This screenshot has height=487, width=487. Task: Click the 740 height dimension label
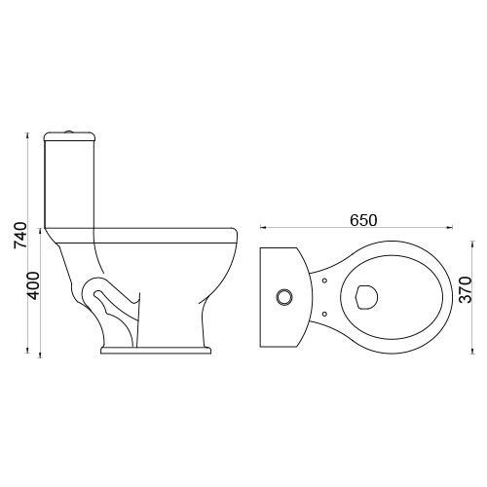[x=19, y=236]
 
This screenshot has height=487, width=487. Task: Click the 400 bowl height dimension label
[x=33, y=285]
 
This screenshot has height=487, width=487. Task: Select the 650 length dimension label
[x=363, y=220]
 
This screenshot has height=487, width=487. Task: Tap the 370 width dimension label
[x=466, y=290]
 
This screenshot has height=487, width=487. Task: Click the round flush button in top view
[x=284, y=297]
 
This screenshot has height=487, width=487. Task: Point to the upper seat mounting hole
[x=324, y=281]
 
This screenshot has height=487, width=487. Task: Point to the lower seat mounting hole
[x=324, y=314]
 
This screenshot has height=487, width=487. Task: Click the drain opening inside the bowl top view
[x=367, y=297]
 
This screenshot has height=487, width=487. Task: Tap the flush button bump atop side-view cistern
[x=68, y=131]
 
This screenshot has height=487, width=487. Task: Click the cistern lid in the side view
[x=69, y=136]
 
